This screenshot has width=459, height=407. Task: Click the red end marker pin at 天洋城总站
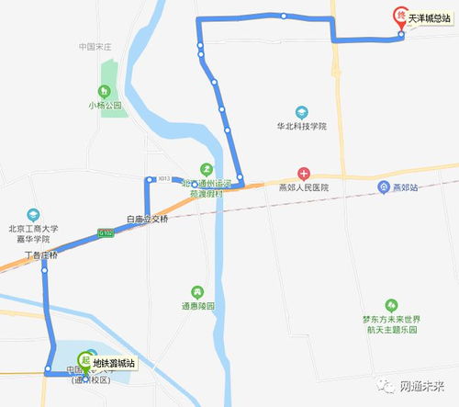399,16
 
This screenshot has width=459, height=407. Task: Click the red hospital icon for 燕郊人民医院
304,174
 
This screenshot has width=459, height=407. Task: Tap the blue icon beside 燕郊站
382,187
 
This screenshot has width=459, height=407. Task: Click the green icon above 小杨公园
105,91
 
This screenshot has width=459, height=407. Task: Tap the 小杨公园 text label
105,105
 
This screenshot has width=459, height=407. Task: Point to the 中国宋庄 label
95,46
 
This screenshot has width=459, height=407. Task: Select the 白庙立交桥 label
148,220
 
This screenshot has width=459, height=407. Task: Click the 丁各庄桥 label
41,254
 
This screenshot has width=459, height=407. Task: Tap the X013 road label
164,178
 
